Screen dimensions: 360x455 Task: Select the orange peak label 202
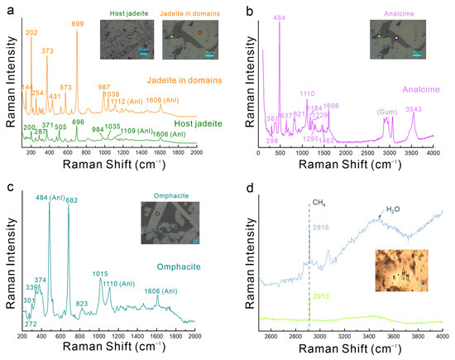(31, 32)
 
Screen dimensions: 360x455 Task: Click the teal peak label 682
(72, 199)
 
